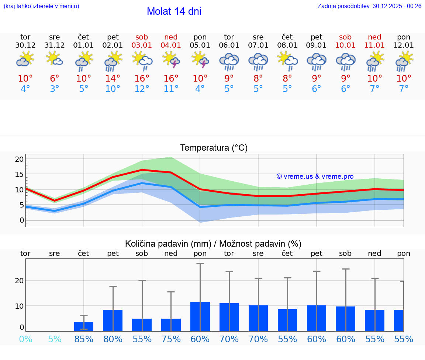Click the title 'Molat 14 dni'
(x=174, y=11)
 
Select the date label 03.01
(x=142, y=45)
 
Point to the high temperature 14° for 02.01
(x=113, y=79)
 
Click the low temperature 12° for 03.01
(x=142, y=89)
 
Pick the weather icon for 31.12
(x=54, y=59)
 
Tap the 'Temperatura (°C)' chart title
(x=214, y=148)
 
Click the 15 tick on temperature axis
(x=19, y=174)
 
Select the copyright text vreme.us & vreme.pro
(x=315, y=176)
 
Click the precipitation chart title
(x=213, y=244)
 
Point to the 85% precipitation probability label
(x=84, y=339)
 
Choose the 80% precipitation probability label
(x=113, y=339)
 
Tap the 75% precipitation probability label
(x=171, y=339)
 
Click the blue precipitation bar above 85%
(x=84, y=327)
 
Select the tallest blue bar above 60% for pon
(x=200, y=317)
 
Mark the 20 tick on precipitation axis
(x=19, y=281)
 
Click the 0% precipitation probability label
(x=25, y=339)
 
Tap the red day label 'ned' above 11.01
(x=374, y=37)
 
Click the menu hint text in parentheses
(x=41, y=6)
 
